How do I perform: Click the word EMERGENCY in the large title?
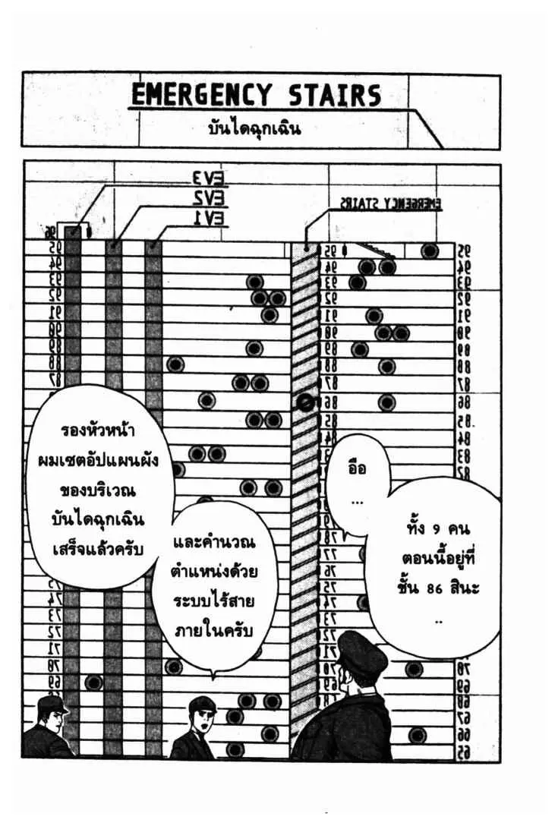click(201, 96)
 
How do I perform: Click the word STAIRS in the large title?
click(334, 96)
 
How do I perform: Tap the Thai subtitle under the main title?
click(254, 128)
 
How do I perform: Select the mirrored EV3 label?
click(207, 180)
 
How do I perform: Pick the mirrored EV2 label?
click(207, 200)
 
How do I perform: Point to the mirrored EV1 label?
click(207, 219)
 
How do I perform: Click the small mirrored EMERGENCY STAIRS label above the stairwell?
click(390, 203)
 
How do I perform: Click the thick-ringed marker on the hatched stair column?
click(306, 403)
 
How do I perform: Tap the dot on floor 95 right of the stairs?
click(430, 251)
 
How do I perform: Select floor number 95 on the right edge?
click(463, 251)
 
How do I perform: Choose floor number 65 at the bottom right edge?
click(463, 752)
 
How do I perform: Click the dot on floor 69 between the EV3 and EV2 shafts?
click(93, 683)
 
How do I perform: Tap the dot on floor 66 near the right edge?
click(418, 734)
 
